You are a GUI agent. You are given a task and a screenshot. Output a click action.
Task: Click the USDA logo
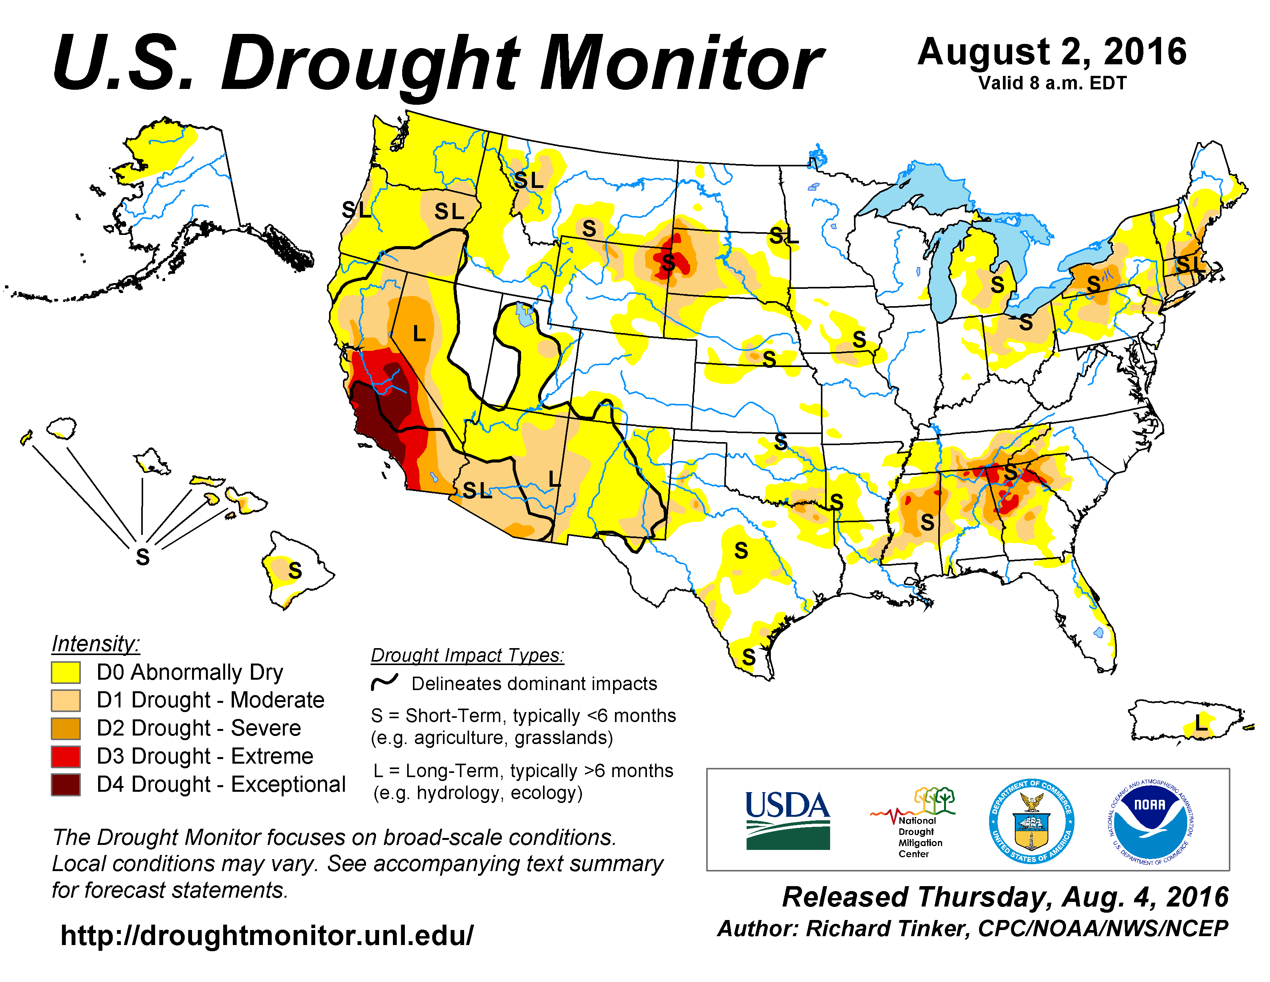click(x=787, y=820)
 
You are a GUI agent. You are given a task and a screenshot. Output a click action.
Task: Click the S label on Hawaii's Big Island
click(x=295, y=571)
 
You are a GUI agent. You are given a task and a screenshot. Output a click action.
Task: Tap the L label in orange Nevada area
click(x=419, y=334)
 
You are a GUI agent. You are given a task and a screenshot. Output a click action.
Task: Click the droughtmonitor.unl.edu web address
click(x=267, y=935)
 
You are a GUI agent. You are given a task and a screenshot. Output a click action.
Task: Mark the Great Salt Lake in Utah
click(x=525, y=315)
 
